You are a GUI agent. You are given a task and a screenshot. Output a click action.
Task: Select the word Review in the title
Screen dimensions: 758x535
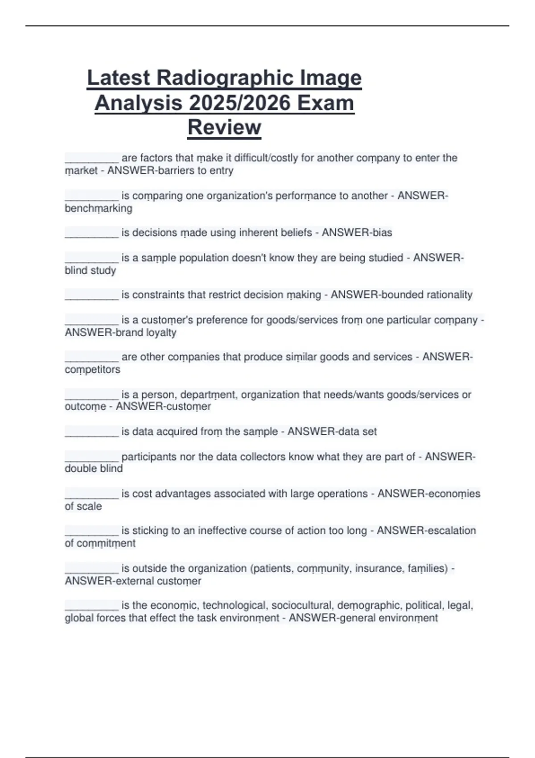[x=224, y=127]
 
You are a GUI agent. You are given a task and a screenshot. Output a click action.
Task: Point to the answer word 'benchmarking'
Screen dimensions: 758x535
[x=99, y=209]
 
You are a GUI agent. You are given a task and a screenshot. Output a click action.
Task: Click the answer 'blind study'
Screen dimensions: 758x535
[x=91, y=271]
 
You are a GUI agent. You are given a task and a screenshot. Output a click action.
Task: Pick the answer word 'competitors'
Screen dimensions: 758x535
[x=93, y=370]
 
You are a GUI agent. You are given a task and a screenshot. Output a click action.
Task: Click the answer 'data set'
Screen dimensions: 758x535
[x=358, y=432]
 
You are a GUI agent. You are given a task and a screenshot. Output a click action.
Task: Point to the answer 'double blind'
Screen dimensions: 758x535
[x=94, y=469]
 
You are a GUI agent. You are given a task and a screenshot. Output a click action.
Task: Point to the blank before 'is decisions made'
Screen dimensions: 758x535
[x=92, y=234]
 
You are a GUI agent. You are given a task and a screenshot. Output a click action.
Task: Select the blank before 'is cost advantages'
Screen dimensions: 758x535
[x=92, y=495]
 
